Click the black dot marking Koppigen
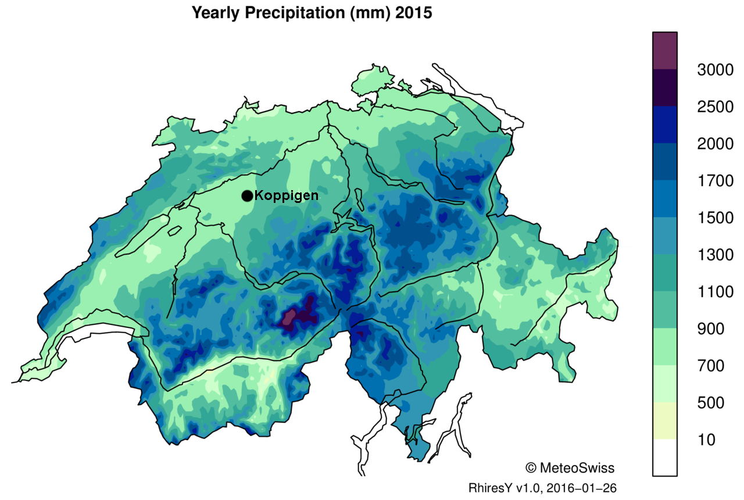point(247,196)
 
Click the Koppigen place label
point(287,196)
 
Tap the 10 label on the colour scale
point(706,440)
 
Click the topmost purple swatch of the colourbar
point(664,51)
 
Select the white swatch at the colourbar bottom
point(664,458)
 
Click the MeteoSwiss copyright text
point(570,467)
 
